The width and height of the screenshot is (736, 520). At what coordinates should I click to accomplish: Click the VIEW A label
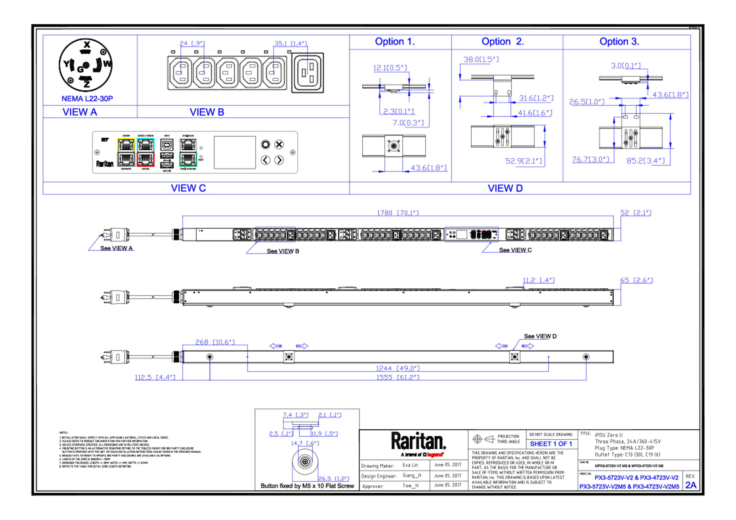coord(80,112)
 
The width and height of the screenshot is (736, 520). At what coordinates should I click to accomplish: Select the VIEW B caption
coord(207,112)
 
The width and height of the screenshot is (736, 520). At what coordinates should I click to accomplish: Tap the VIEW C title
coord(188,188)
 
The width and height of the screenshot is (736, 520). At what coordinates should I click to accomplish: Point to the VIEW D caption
coord(505,188)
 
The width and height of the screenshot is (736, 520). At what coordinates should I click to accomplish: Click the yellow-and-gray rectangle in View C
coord(126,152)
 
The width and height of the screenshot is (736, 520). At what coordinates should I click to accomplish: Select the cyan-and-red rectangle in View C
coord(146,152)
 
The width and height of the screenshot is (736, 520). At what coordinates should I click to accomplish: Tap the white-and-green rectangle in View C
coord(188,152)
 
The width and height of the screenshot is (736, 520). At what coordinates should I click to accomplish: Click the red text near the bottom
coord(435,454)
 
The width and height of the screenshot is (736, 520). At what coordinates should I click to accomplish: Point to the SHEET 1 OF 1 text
coord(551,444)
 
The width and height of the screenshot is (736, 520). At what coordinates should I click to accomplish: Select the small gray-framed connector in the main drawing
coord(472,235)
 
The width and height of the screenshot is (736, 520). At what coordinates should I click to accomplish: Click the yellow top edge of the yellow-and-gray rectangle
coord(126,138)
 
